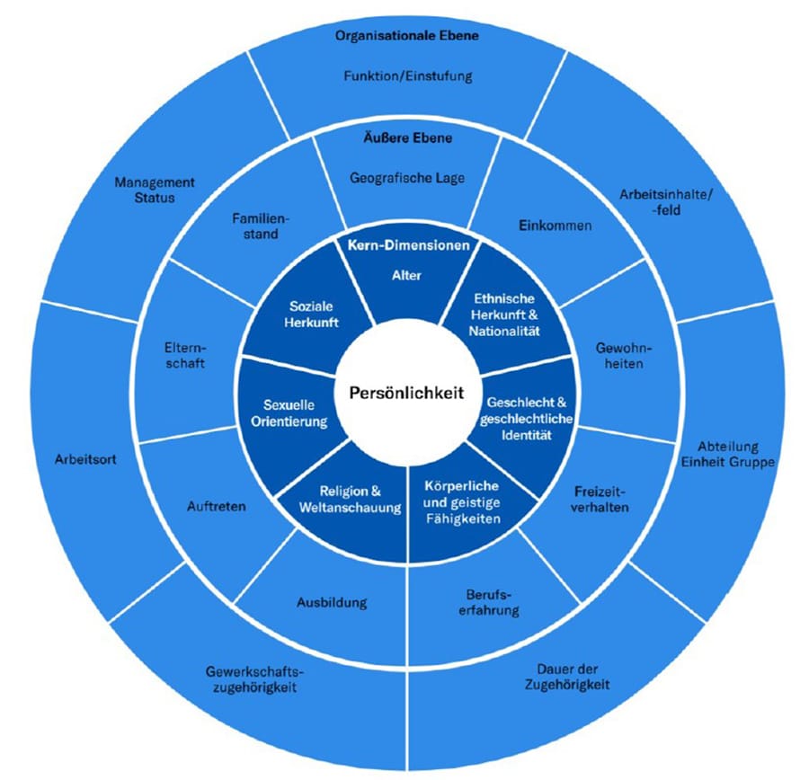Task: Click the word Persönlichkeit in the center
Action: pos(404,393)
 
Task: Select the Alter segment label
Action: pos(406,276)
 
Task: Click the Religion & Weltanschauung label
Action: pos(350,501)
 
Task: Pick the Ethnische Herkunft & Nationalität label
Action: pos(502,315)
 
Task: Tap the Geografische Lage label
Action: pos(406,178)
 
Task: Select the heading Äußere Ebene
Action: pos(407,138)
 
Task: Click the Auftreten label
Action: pos(218,507)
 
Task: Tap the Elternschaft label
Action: pos(185,356)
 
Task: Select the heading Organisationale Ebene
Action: pos(406,36)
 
